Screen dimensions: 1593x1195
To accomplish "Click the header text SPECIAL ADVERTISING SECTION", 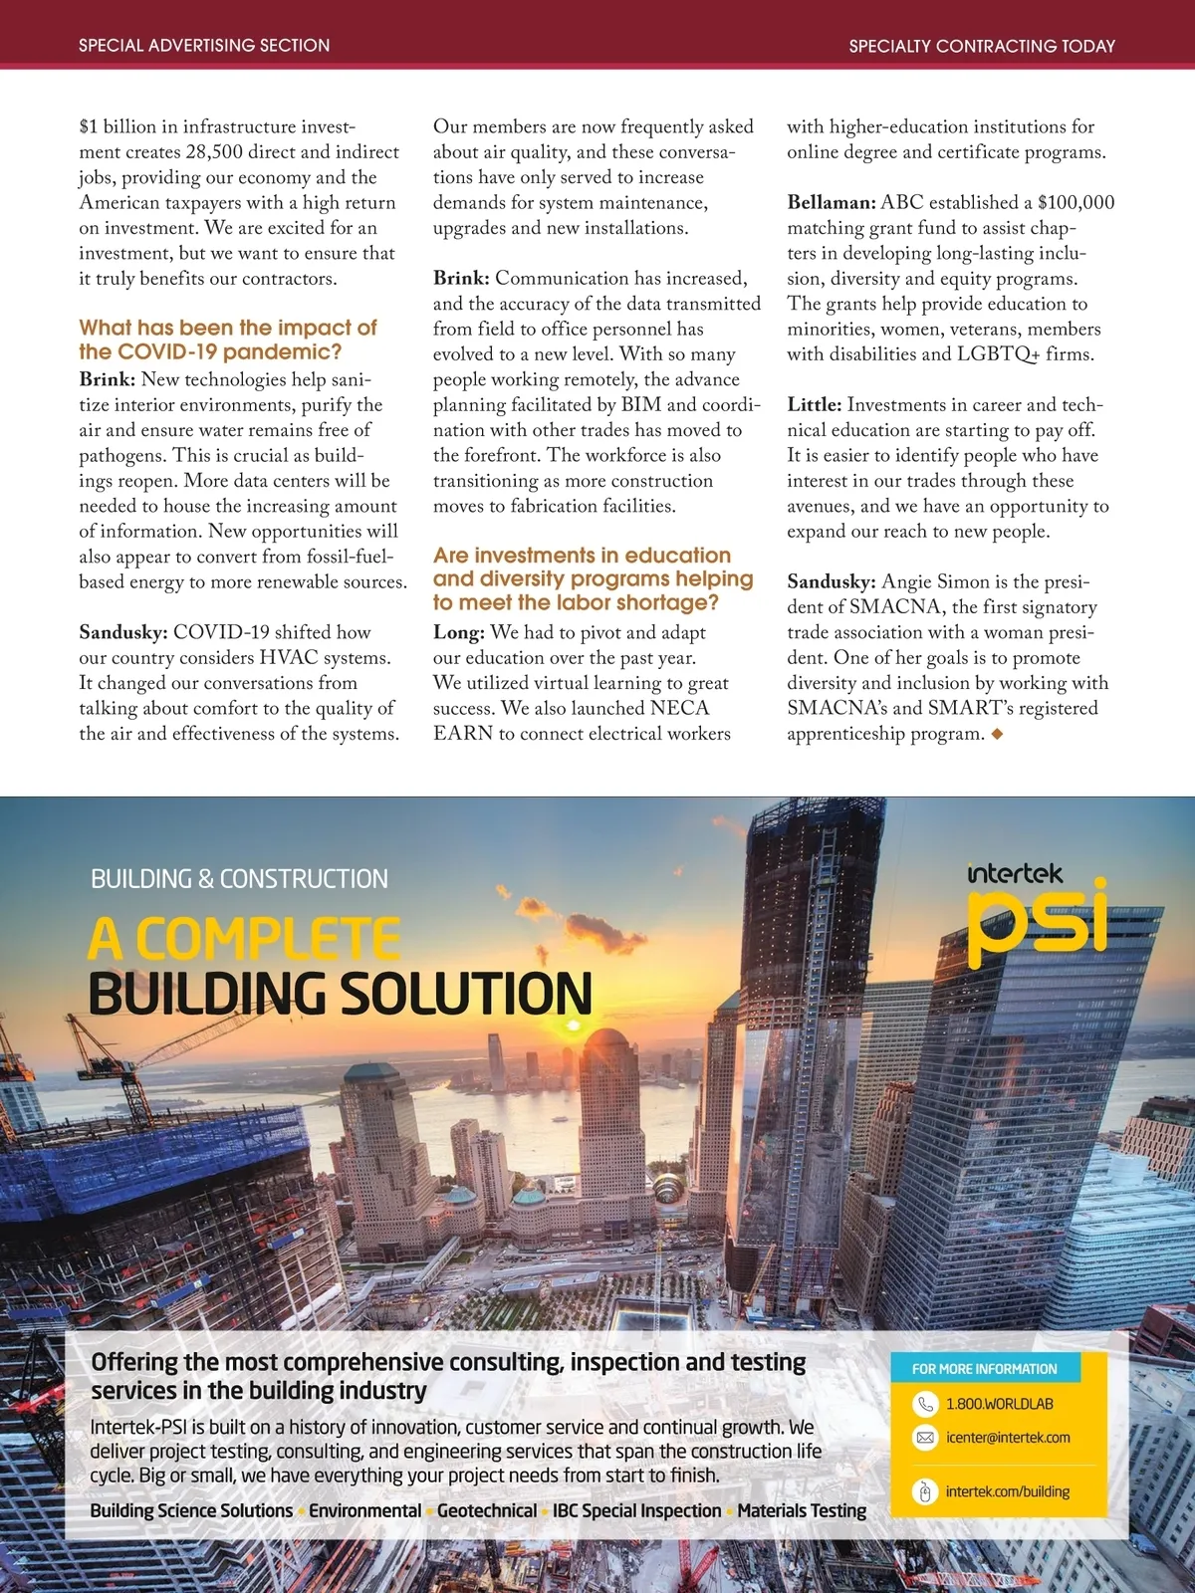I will click(x=204, y=45).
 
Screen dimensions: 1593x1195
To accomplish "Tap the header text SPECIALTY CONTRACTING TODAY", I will click(x=982, y=45).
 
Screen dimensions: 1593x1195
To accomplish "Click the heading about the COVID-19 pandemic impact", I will click(x=228, y=340).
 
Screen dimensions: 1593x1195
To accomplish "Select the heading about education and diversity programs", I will click(x=593, y=578).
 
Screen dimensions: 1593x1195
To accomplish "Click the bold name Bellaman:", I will click(x=832, y=202).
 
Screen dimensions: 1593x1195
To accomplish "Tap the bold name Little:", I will click(x=815, y=404).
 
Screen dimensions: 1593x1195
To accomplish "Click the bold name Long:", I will click(x=459, y=632).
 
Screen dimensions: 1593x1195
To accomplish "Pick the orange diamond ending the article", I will click(x=997, y=734).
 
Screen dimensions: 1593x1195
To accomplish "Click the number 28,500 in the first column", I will click(x=219, y=151).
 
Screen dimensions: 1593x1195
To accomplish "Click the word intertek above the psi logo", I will click(x=1015, y=873).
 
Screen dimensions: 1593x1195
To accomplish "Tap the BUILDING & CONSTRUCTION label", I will click(x=239, y=879).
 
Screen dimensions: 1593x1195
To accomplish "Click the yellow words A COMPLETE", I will click(x=244, y=938).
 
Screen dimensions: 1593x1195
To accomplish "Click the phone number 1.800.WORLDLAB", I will click(x=999, y=1403).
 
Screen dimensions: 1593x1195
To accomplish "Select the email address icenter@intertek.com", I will click(x=1008, y=1438).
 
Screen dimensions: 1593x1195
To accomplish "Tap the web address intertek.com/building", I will click(x=1007, y=1491).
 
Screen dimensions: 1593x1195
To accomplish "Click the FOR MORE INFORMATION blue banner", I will click(x=984, y=1369).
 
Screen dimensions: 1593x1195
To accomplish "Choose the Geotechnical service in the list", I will click(x=487, y=1510).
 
